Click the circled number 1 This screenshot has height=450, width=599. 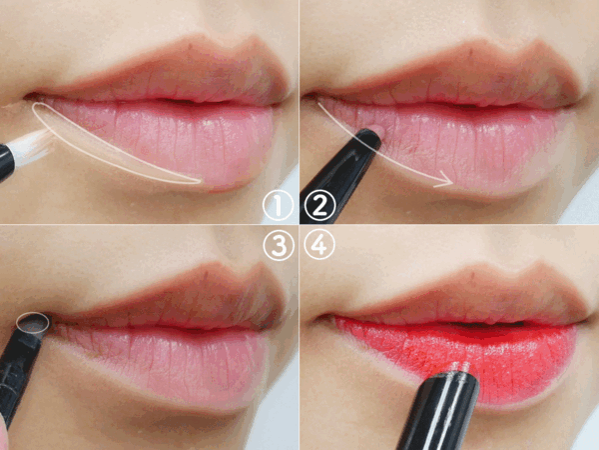click(x=279, y=205)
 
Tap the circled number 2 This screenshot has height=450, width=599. click(x=319, y=205)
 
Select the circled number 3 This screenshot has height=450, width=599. click(x=279, y=245)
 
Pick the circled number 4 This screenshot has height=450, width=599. click(x=319, y=245)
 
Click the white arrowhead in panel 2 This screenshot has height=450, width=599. click(x=445, y=180)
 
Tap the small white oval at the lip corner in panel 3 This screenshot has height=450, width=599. click(x=33, y=323)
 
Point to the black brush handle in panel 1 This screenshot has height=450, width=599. click(x=7, y=161)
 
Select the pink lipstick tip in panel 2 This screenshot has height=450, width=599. click(x=377, y=130)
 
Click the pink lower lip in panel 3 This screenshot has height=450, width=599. click(x=165, y=364)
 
